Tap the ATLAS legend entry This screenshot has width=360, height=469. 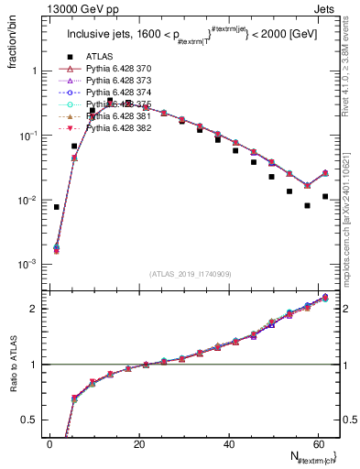[94, 57]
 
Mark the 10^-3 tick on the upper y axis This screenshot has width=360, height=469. [25, 265]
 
